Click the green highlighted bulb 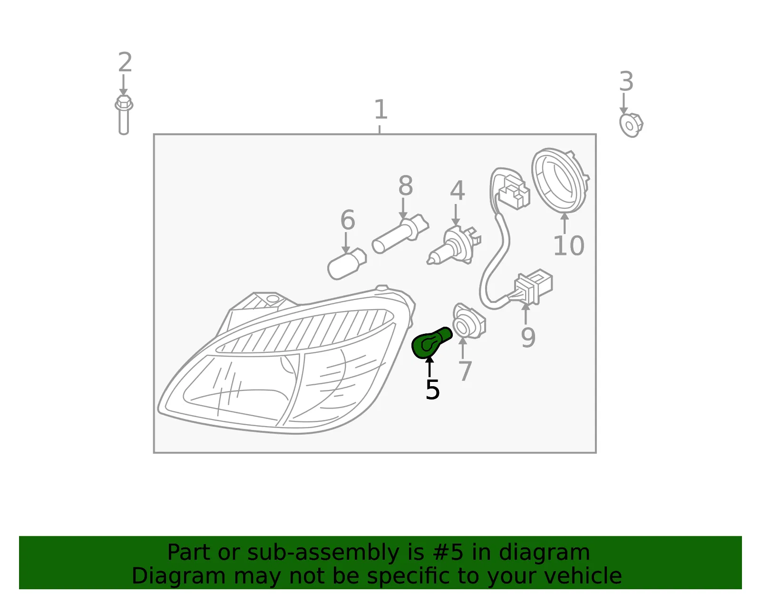coord(431,342)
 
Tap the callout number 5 coord(432,390)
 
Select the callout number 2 coord(125,62)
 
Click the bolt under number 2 coord(124,115)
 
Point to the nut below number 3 coord(631,125)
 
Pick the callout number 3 coord(626,81)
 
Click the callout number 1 coord(380,109)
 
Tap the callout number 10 coord(569,245)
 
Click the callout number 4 coord(458,191)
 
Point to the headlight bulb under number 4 coord(454,245)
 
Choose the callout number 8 coord(406,185)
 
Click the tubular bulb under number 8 coord(400,234)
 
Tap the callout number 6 coord(348,220)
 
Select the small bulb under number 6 coord(347,263)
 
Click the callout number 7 coord(465,371)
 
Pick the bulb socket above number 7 coord(469,321)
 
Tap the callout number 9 coord(528,337)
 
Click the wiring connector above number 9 coord(532,287)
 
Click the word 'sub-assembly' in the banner coord(323,552)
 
